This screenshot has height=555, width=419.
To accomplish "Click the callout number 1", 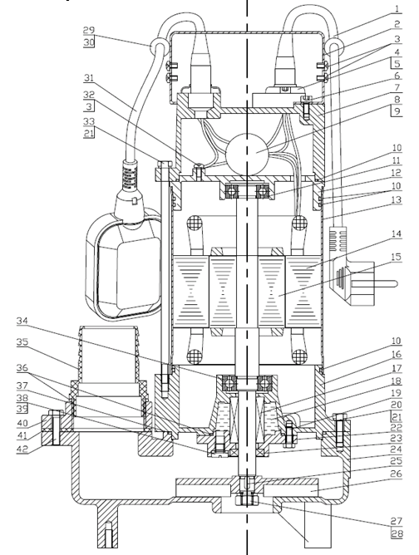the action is coord(397,8).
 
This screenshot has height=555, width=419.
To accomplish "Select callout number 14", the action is coord(397,234).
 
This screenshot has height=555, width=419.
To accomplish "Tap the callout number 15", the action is coord(397,256).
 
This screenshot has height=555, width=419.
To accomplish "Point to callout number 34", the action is coord(22,321).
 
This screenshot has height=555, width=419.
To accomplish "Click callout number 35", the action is coord(22,343).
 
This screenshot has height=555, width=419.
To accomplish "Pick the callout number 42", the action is coord(22,449).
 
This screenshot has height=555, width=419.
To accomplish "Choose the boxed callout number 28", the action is coord(397,533).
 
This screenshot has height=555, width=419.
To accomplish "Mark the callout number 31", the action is coord(89,78).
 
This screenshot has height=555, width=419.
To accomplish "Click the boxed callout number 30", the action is coord(89,42).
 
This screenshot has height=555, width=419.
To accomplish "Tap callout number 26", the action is coord(397,474).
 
